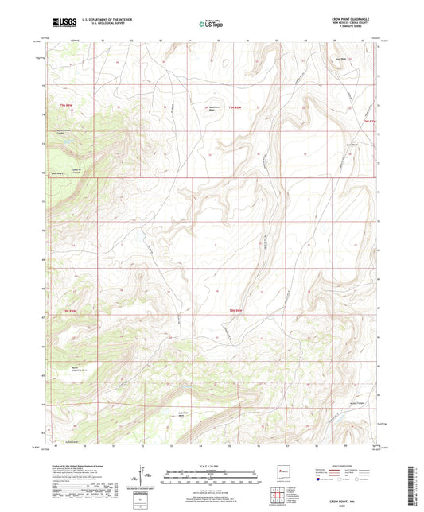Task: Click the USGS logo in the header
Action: click(61, 22)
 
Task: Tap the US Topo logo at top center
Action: click(209, 23)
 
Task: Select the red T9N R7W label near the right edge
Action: click(368, 121)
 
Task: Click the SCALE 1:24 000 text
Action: click(212, 466)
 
